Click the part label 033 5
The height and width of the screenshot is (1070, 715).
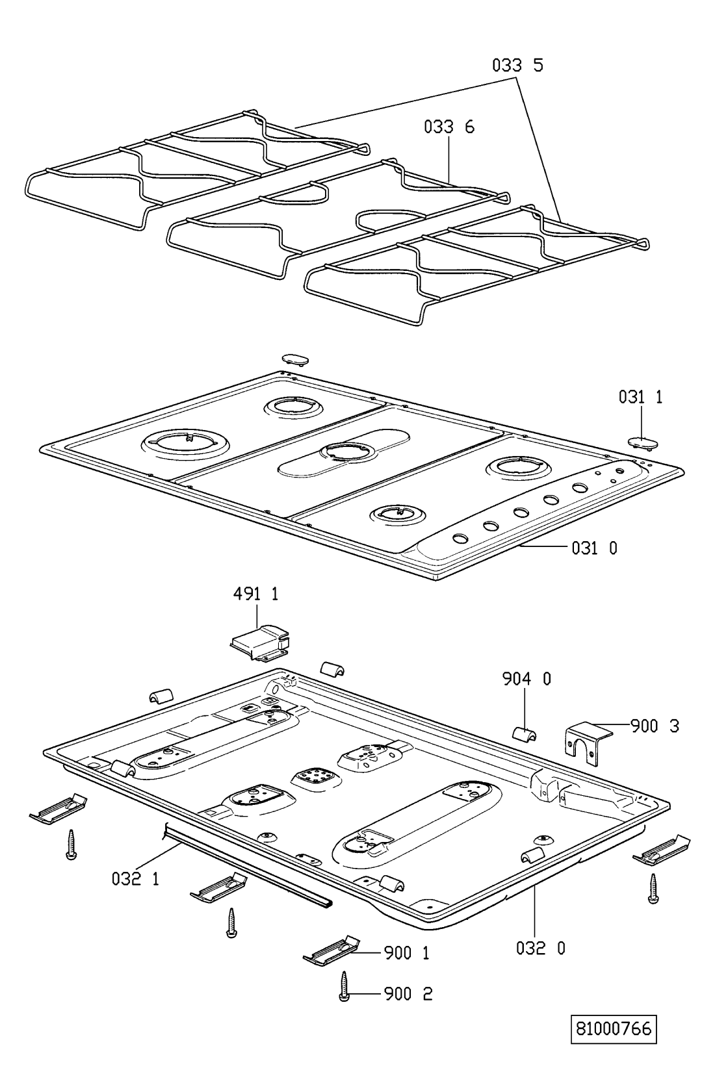pyautogui.click(x=517, y=65)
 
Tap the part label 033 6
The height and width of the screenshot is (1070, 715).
pyautogui.click(x=449, y=127)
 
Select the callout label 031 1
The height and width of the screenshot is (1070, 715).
pyautogui.click(x=640, y=397)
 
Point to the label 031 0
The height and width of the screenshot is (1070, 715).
pyautogui.click(x=594, y=548)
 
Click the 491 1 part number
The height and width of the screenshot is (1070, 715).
pyautogui.click(x=255, y=594)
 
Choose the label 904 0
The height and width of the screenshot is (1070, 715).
pyautogui.click(x=526, y=679)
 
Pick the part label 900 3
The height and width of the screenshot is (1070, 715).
pyautogui.click(x=655, y=726)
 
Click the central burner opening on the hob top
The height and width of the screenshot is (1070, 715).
pyautogui.click(x=344, y=452)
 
